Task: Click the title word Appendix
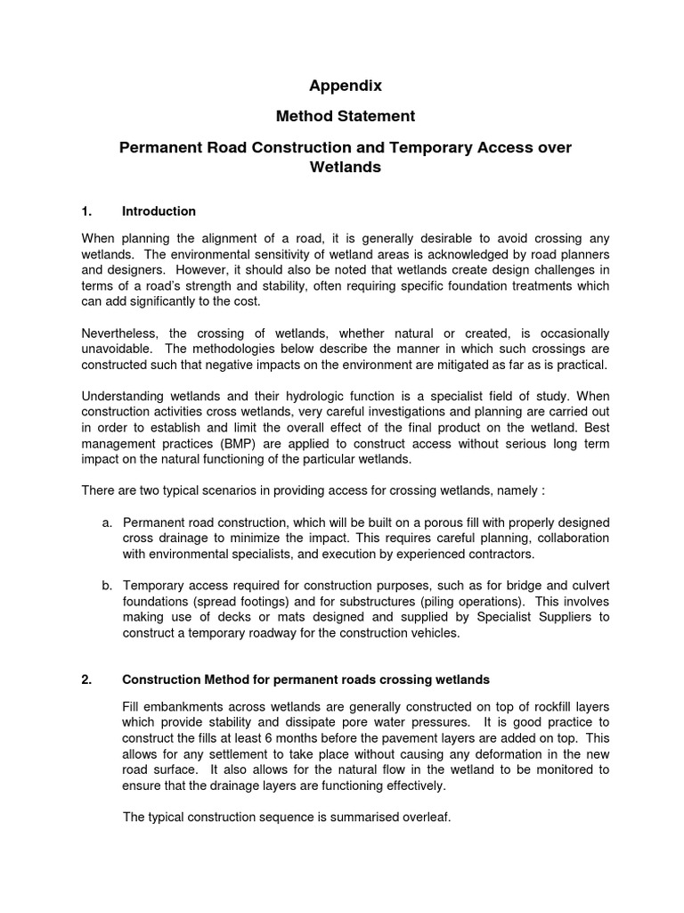[346, 86]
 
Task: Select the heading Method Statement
[346, 116]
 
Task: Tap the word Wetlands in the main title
[345, 167]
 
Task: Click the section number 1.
[86, 211]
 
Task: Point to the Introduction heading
[159, 211]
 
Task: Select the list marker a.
[106, 522]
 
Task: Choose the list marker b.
[106, 585]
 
